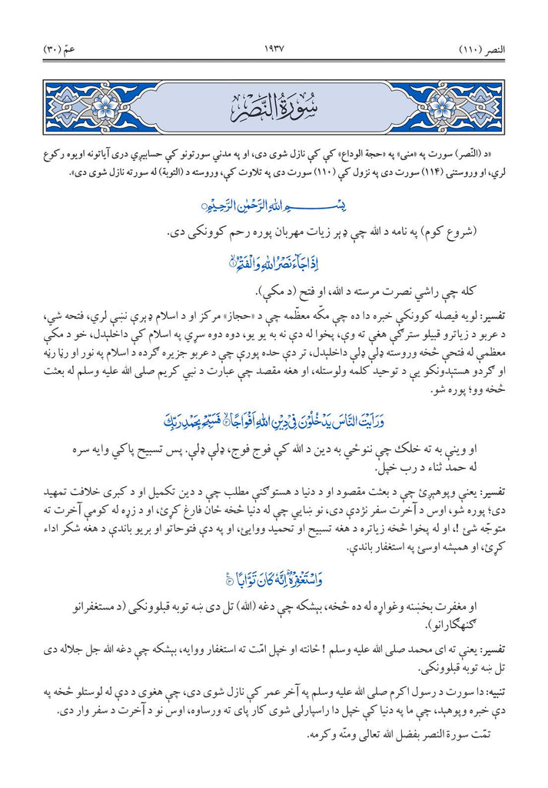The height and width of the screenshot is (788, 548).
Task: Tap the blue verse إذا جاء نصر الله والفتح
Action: coord(274,265)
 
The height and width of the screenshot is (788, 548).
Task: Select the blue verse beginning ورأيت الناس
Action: coord(274,422)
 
